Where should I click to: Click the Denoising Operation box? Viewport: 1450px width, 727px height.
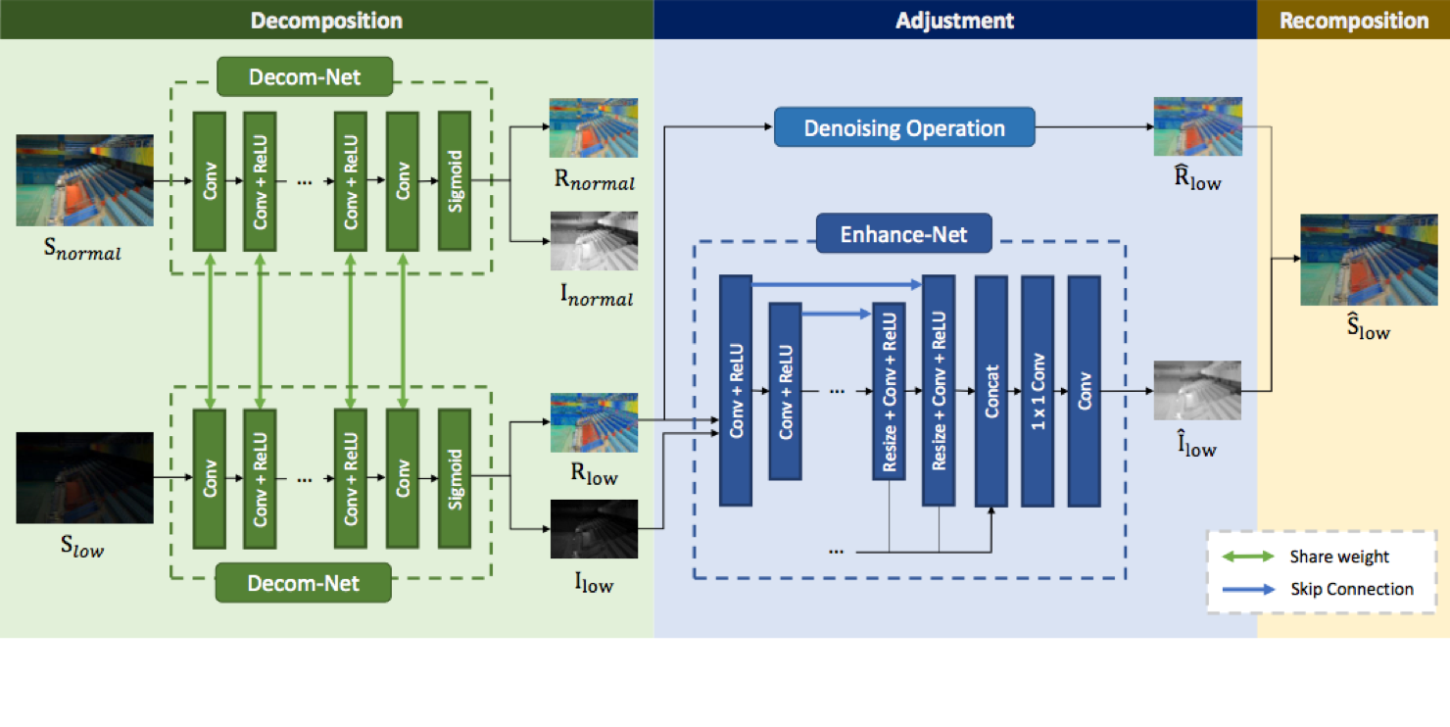pyautogui.click(x=904, y=127)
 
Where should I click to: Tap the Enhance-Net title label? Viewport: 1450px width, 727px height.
pyautogui.click(x=903, y=234)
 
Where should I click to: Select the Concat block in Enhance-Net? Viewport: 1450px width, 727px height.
pyautogui.click(x=991, y=391)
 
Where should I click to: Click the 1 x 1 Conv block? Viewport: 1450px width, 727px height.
pyautogui.click(x=1038, y=391)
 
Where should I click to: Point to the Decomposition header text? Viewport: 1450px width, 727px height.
pyautogui.click(x=326, y=21)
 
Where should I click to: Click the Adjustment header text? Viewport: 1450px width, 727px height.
pyautogui.click(x=955, y=21)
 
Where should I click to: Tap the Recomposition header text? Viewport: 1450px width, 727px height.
pyautogui.click(x=1354, y=21)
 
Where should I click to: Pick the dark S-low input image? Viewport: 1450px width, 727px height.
pyautogui.click(x=85, y=478)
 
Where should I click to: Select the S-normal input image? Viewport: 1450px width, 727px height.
pyautogui.click(x=85, y=180)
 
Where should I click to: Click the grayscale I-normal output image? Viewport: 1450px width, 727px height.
pyautogui.click(x=595, y=241)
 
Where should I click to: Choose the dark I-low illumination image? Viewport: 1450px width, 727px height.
pyautogui.click(x=595, y=529)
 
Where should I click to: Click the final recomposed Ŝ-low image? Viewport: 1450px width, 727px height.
pyautogui.click(x=1369, y=260)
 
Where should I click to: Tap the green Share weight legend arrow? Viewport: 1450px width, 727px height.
pyautogui.click(x=1248, y=557)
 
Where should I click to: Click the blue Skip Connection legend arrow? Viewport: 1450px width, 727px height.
pyautogui.click(x=1248, y=589)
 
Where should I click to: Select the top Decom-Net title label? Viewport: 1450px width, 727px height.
pyautogui.click(x=305, y=77)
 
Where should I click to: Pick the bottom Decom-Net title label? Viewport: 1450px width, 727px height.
pyautogui.click(x=304, y=583)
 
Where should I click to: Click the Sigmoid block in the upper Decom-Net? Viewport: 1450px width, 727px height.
pyautogui.click(x=455, y=181)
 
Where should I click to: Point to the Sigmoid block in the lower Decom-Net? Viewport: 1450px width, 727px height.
pyautogui.click(x=455, y=479)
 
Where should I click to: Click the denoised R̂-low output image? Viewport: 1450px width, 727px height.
pyautogui.click(x=1197, y=126)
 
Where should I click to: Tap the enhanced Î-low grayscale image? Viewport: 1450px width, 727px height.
pyautogui.click(x=1197, y=390)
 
